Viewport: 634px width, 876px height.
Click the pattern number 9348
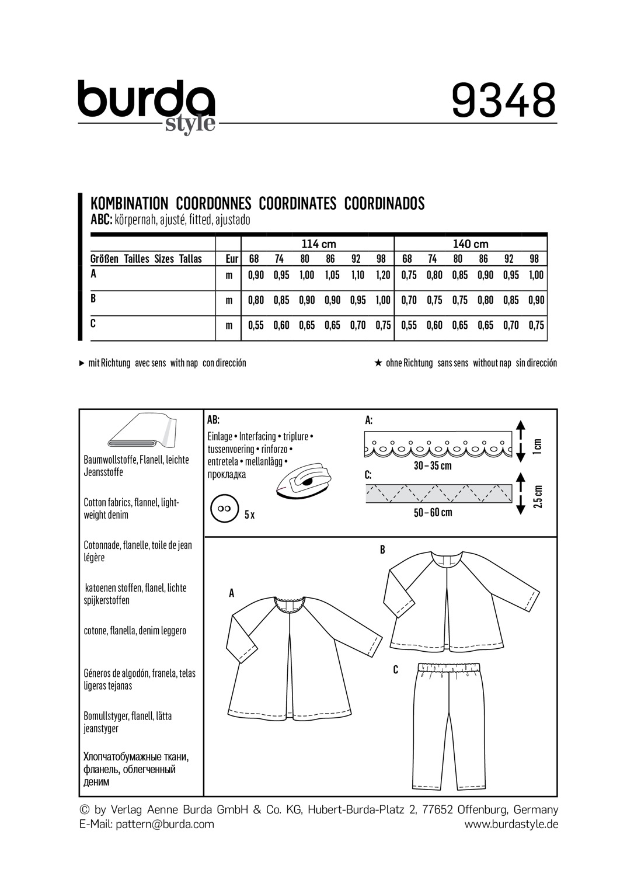[504, 100]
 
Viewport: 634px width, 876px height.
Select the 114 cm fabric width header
[318, 244]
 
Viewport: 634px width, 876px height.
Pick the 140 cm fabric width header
[471, 244]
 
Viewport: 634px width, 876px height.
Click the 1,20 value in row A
[383, 276]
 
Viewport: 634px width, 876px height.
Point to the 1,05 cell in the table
[332, 276]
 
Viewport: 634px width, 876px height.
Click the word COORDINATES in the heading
[297, 203]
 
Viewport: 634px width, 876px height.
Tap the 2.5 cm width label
[538, 496]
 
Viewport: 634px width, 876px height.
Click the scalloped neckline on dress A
[290, 603]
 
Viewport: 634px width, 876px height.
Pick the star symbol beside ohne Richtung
[378, 363]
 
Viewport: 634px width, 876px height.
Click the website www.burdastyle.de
[511, 825]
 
